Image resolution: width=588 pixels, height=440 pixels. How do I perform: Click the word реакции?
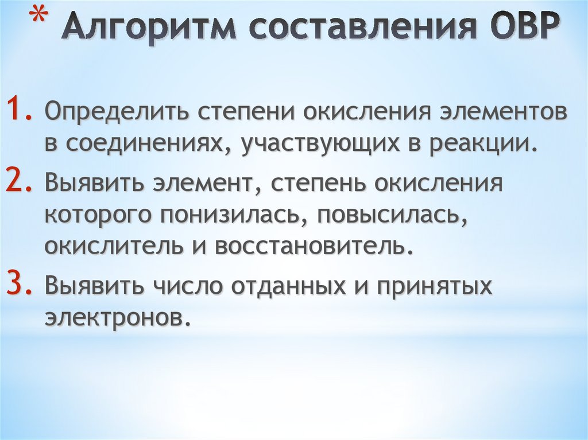[481, 144]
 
